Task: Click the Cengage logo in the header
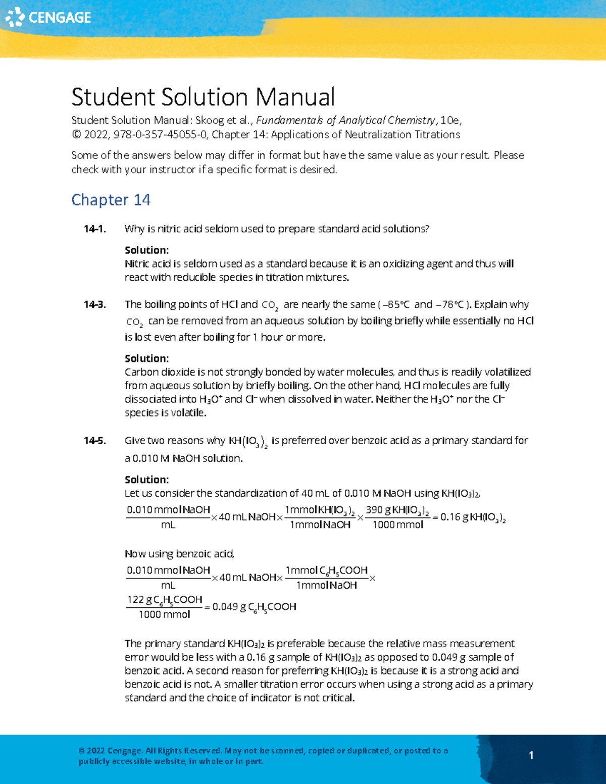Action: (x=48, y=18)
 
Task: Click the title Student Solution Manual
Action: (x=203, y=97)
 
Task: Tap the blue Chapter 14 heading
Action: (x=111, y=200)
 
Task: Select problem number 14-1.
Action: (x=94, y=229)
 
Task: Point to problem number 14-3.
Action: (x=94, y=304)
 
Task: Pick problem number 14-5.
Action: (x=94, y=441)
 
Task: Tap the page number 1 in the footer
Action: (x=531, y=755)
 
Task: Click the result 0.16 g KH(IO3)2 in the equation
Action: (x=473, y=517)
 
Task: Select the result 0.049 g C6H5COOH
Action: (x=254, y=607)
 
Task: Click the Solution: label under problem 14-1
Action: (x=146, y=250)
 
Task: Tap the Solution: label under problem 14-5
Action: (x=146, y=480)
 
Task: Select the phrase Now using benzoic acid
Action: (x=179, y=554)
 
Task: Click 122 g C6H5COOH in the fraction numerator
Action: (x=165, y=600)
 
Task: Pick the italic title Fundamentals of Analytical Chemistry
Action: (x=345, y=121)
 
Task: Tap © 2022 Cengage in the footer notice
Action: (x=110, y=751)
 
